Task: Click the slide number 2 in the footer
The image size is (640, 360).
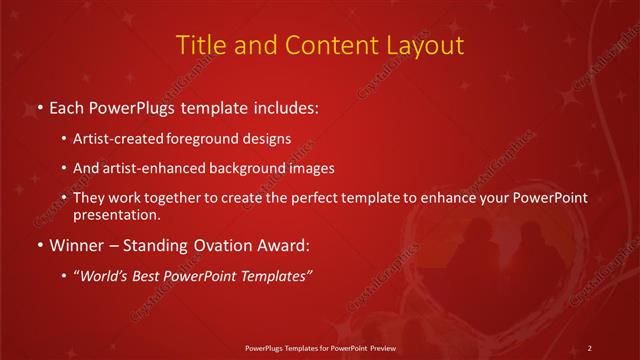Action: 590,347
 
